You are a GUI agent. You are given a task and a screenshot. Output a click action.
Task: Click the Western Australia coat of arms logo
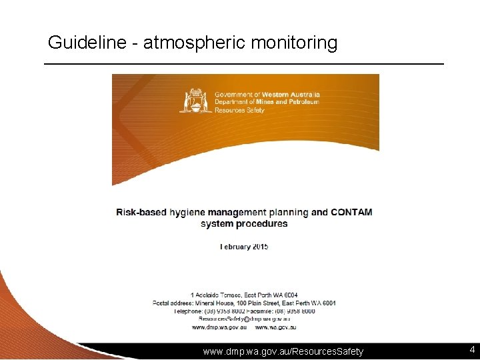(196, 101)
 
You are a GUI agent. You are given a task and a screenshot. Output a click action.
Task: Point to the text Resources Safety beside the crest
(239, 110)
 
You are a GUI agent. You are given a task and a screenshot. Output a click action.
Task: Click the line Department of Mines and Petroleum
(267, 102)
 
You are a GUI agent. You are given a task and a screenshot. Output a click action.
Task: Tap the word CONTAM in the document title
(351, 213)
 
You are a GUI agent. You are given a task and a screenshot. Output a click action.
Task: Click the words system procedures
(244, 224)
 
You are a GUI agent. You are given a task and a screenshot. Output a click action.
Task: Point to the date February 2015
(244, 247)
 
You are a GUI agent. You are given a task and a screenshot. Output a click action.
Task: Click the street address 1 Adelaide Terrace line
(244, 295)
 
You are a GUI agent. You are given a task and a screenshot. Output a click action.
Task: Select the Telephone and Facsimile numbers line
(244, 311)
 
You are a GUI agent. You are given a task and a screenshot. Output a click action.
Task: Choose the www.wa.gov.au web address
(275, 327)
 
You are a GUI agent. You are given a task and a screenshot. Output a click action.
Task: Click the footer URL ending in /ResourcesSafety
(283, 351)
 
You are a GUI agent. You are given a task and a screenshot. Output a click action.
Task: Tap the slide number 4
(471, 349)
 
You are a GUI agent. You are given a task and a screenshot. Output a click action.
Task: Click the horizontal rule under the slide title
(243, 63)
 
